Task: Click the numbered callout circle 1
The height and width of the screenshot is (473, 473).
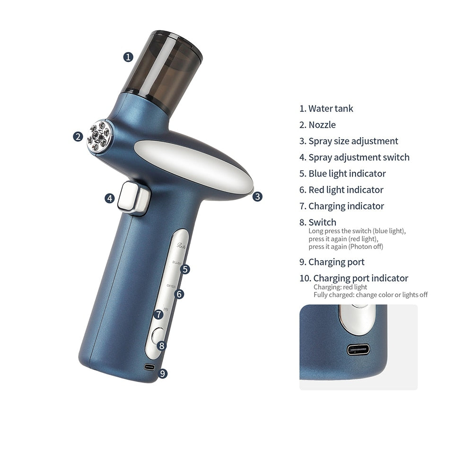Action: point(128,57)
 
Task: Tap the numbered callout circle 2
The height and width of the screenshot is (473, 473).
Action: point(78,137)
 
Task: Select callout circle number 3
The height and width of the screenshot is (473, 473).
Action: point(257,196)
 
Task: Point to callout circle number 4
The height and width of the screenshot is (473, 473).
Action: point(110,198)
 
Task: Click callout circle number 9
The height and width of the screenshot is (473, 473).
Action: point(162,373)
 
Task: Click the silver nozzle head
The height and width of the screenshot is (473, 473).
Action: point(99,136)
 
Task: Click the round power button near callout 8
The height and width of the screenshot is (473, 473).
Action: point(158,335)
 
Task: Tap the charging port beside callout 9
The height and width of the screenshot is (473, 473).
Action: point(150,367)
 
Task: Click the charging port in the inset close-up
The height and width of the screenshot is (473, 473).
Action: point(358,350)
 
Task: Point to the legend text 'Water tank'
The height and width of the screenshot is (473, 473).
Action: point(331,109)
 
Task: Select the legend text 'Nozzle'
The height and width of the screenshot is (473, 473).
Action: point(322,125)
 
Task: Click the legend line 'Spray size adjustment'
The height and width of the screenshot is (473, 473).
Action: point(353,141)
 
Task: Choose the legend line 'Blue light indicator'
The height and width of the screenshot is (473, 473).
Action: point(347,174)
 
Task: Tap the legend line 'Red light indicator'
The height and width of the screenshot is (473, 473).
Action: point(346,190)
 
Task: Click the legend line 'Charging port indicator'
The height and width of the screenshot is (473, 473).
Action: point(360,278)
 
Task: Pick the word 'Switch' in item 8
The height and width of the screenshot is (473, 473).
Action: point(322,222)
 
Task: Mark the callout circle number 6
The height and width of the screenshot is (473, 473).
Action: point(179,294)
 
